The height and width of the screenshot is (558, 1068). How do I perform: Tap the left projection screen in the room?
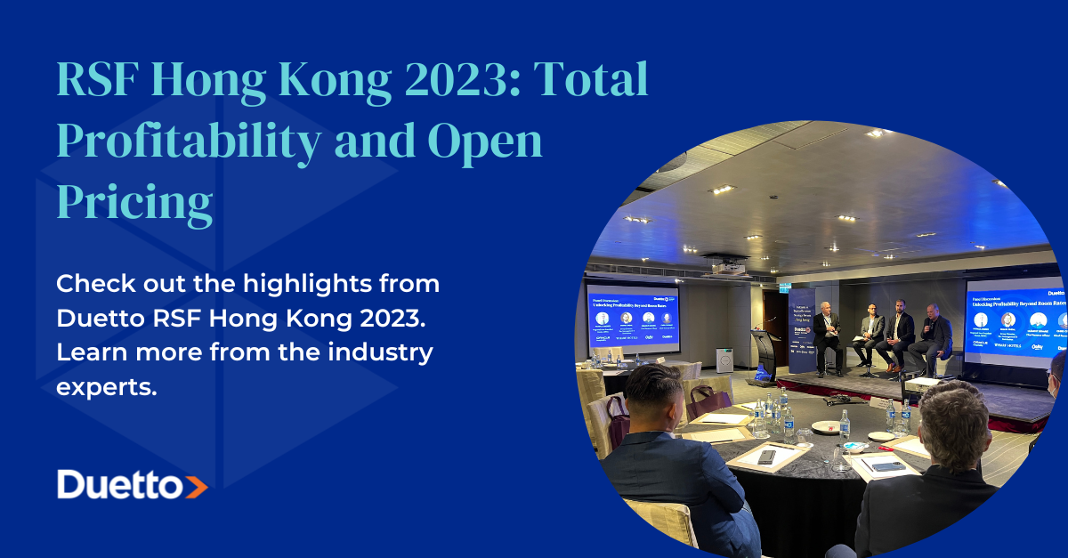[x=633, y=316]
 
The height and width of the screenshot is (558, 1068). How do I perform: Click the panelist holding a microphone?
[x=933, y=333]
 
